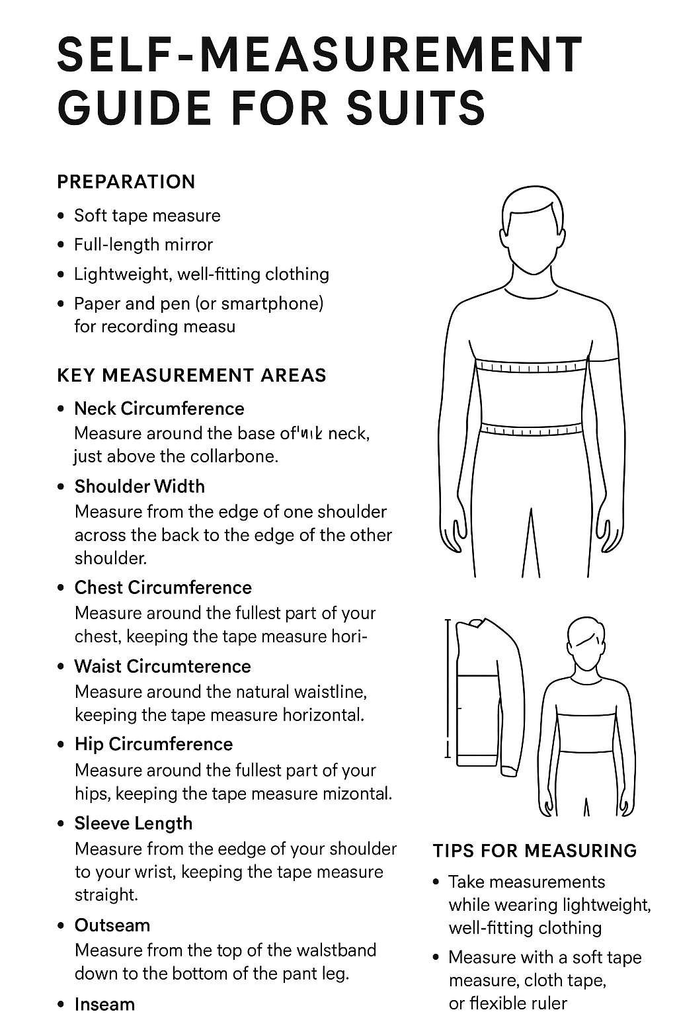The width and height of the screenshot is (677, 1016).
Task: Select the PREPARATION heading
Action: click(126, 182)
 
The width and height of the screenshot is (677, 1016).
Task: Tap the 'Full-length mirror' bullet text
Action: click(143, 245)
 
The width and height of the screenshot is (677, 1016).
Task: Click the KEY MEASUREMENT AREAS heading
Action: click(192, 376)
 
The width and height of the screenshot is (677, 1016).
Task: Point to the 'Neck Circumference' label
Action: click(159, 409)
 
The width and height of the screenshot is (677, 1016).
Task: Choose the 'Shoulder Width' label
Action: click(139, 487)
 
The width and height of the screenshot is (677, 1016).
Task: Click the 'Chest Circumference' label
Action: click(163, 588)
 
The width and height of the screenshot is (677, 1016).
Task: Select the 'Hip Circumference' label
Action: click(153, 744)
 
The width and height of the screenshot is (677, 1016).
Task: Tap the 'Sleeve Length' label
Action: click(134, 824)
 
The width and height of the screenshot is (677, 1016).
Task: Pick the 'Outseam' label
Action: click(112, 925)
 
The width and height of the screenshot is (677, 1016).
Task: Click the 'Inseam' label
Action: click(104, 1004)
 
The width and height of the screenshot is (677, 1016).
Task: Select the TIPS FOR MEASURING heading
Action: click(535, 851)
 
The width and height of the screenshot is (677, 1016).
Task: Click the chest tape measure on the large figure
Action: click(532, 366)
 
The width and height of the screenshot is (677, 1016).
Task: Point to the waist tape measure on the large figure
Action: click(531, 429)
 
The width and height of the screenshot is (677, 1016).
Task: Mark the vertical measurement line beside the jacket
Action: click(448, 688)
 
